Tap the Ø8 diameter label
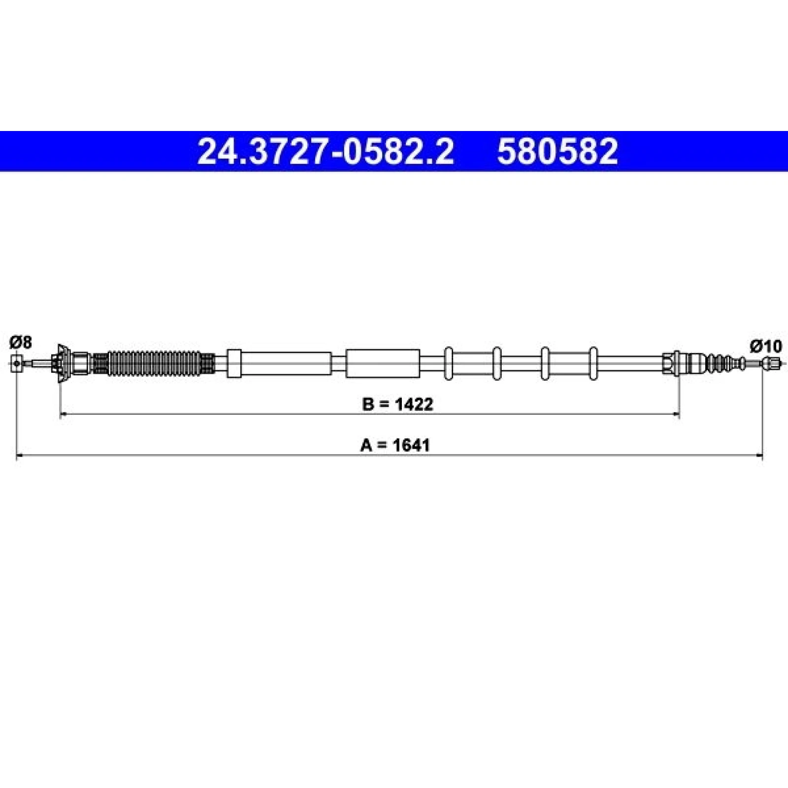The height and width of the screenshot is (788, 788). coord(21,342)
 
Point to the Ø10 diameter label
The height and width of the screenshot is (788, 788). coord(766,347)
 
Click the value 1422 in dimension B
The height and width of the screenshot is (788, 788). coord(413,404)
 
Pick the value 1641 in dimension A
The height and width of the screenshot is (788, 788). coord(411,445)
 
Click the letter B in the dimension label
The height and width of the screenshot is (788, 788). coord(367,404)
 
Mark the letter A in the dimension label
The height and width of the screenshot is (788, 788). coord(366,445)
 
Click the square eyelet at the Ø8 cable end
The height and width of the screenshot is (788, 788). coord(17,363)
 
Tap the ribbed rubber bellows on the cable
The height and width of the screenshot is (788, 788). coord(155,364)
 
